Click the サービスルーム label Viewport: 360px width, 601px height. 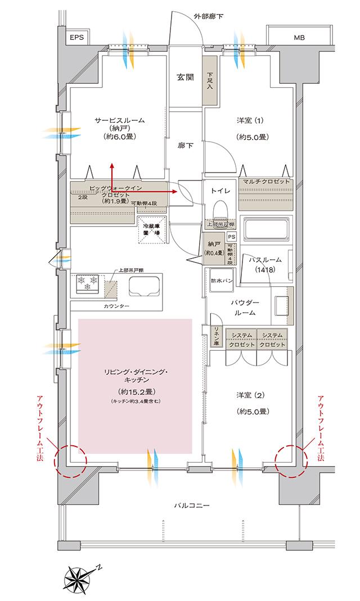119,120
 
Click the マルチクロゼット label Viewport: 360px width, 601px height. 267,182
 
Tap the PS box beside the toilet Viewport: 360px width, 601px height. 231,236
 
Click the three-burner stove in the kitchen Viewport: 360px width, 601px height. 86,283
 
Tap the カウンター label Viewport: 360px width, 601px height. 116,306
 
